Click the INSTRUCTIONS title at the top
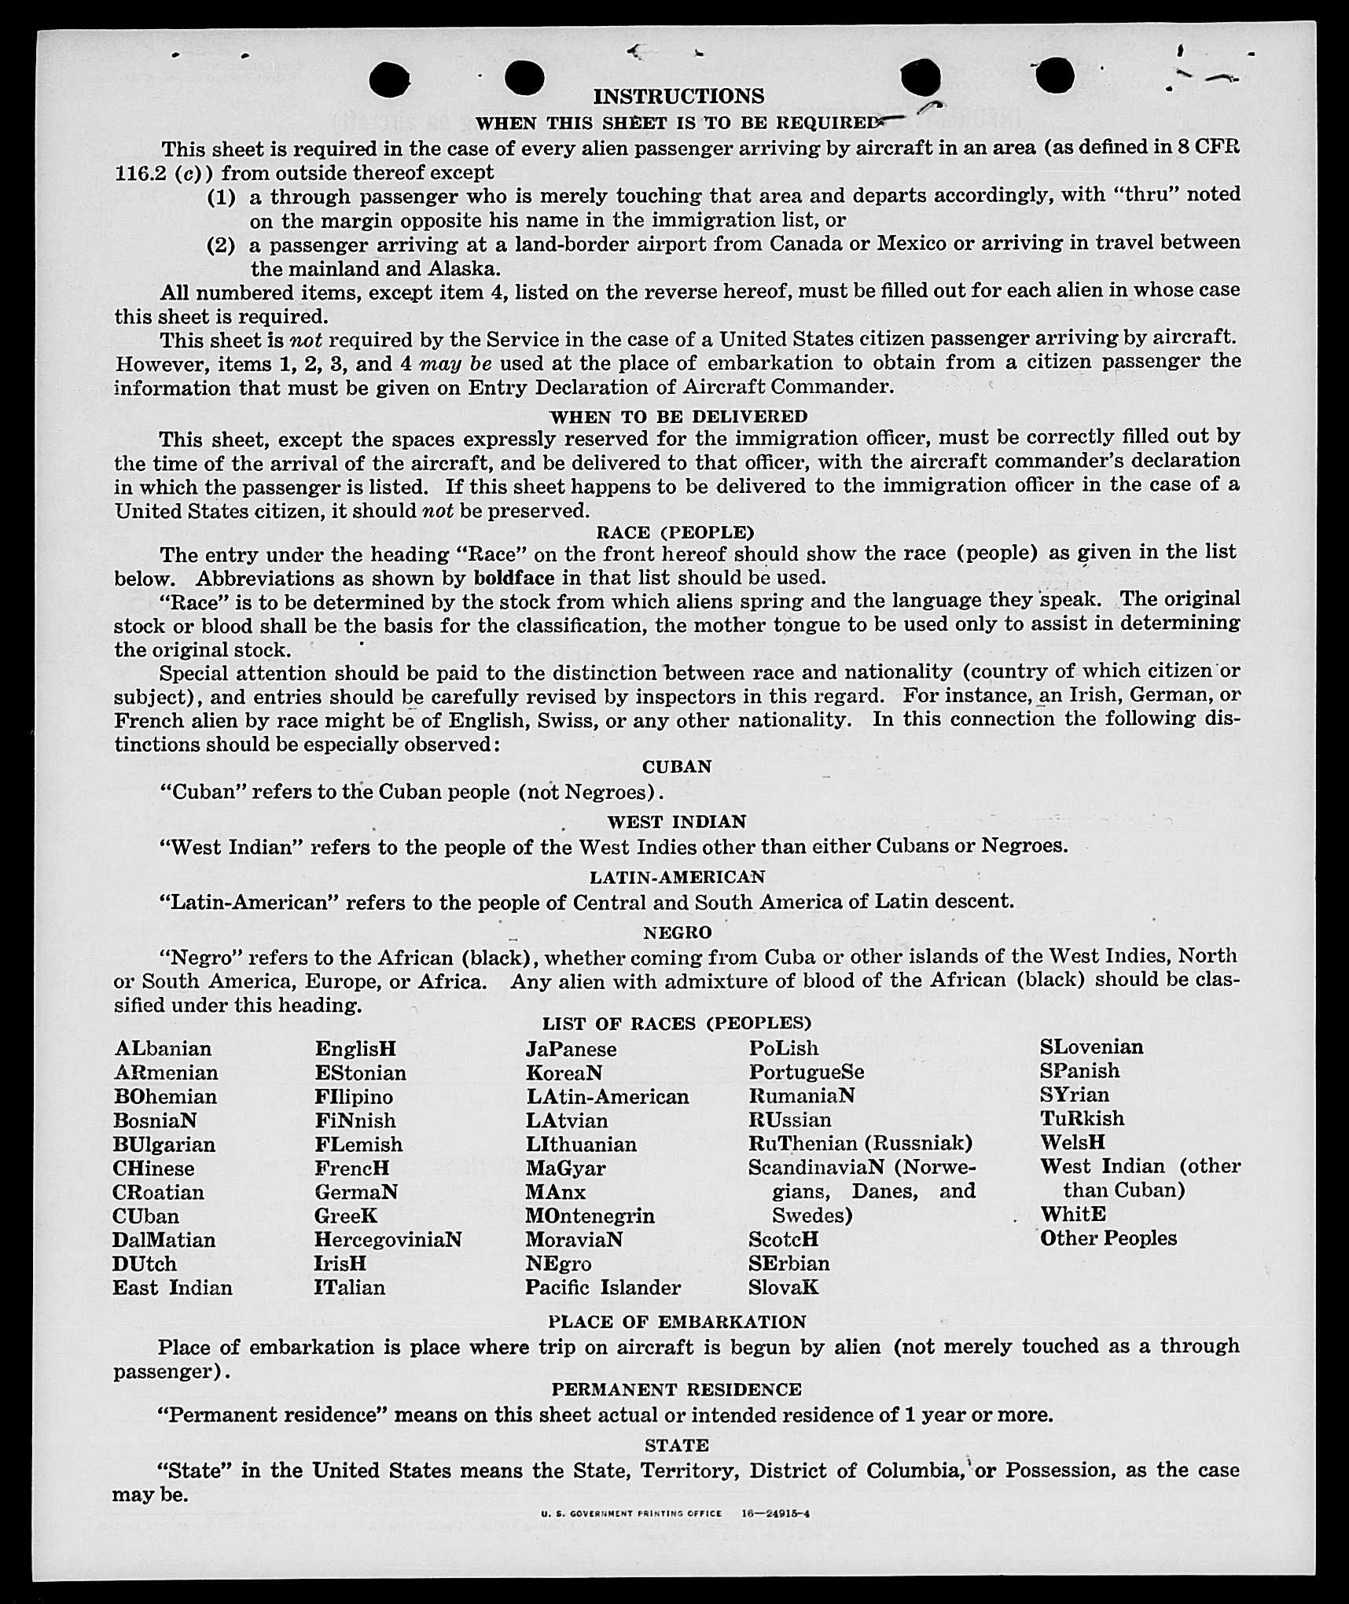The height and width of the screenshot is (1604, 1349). [678, 96]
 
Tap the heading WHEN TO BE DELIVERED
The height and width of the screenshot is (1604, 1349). [678, 416]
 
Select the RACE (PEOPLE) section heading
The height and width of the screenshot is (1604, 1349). [675, 532]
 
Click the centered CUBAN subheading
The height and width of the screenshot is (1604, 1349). [676, 767]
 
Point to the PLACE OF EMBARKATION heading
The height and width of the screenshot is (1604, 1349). [677, 1322]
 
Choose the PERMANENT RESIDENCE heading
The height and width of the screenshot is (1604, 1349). [676, 1389]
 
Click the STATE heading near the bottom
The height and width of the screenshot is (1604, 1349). [676, 1445]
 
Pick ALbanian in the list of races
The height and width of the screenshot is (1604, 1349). [163, 1049]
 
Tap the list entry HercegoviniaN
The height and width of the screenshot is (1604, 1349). [388, 1240]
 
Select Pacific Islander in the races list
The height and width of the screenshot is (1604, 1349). [603, 1288]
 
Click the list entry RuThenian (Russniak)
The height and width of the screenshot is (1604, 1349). [860, 1143]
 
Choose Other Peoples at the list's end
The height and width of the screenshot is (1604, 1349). [1108, 1238]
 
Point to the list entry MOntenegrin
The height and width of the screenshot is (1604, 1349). [590, 1216]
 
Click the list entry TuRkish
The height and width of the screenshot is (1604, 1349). [1082, 1119]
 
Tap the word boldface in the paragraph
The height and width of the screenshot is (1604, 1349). [513, 579]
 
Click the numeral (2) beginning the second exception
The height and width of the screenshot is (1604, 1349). [221, 245]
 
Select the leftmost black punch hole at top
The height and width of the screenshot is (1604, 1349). [389, 80]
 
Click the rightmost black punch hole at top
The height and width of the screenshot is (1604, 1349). [1054, 76]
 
